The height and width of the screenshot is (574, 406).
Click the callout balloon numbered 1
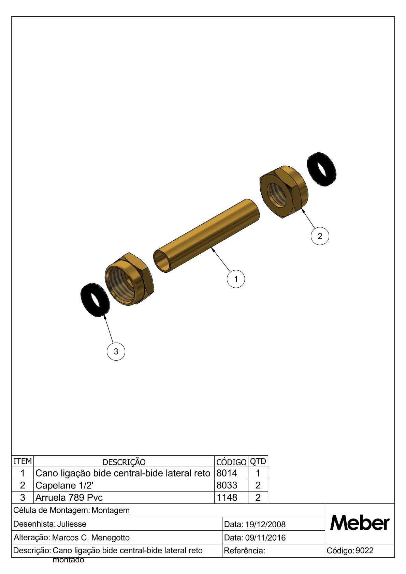[236, 279]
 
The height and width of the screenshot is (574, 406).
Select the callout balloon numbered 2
[320, 236]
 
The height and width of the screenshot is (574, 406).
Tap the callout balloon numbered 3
[116, 351]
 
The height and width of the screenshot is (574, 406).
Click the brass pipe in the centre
[206, 236]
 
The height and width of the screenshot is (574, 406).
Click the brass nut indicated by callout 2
[284, 192]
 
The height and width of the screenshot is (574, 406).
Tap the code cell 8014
[227, 473]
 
